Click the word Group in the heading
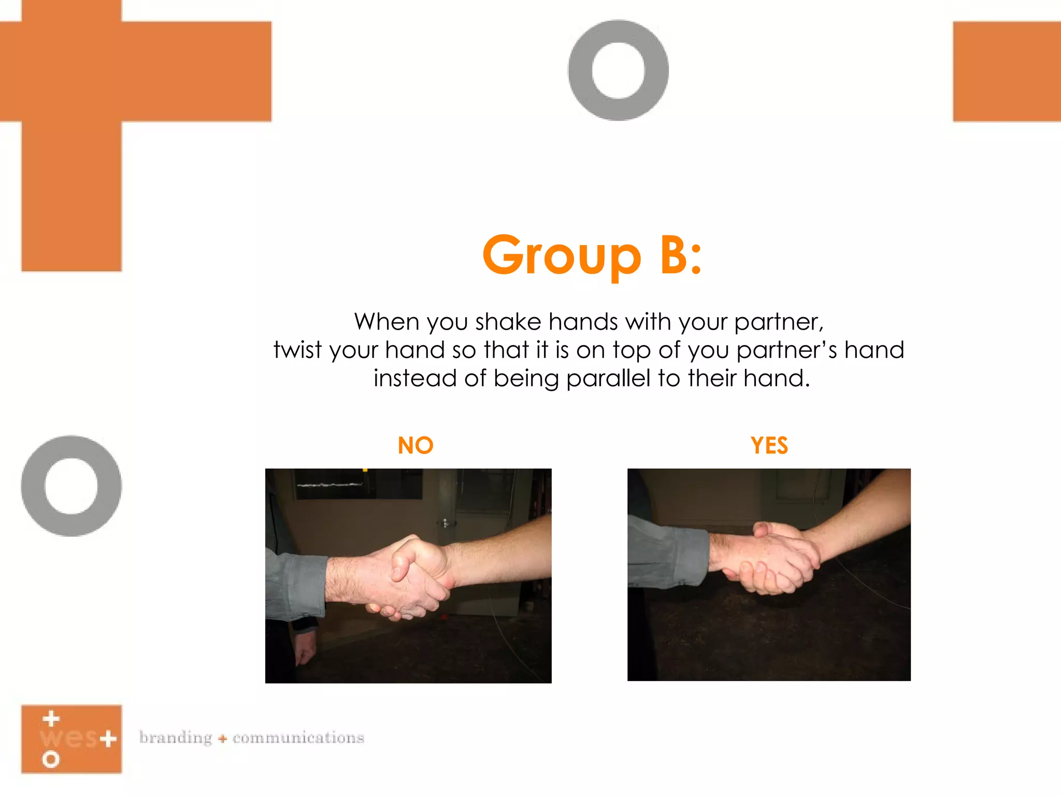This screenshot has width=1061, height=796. [x=562, y=256]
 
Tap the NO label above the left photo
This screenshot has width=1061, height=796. [x=415, y=446]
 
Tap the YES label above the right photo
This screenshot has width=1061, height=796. [x=769, y=446]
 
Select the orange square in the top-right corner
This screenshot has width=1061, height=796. [x=1007, y=72]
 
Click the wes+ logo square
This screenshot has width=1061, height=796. [x=71, y=739]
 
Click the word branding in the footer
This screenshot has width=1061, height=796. [x=176, y=737]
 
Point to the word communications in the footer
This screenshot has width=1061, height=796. [x=298, y=737]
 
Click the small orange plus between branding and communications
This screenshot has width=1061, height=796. [x=223, y=738]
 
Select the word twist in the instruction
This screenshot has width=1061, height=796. [x=298, y=350]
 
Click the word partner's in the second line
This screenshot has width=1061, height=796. [x=787, y=351]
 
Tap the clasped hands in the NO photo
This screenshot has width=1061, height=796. [x=414, y=575]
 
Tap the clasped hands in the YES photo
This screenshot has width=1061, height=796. [x=767, y=560]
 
